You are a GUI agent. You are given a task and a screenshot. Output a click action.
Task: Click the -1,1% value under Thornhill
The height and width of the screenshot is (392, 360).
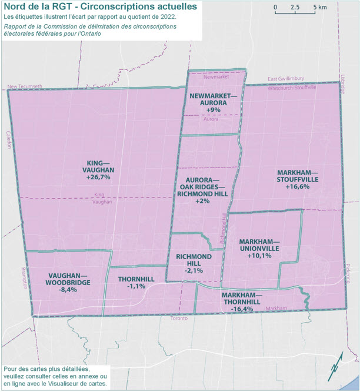point(136,286)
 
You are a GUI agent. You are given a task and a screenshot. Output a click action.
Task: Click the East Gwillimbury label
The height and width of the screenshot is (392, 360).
point(288,79)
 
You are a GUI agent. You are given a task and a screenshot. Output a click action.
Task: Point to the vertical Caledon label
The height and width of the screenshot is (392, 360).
point(9,140)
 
